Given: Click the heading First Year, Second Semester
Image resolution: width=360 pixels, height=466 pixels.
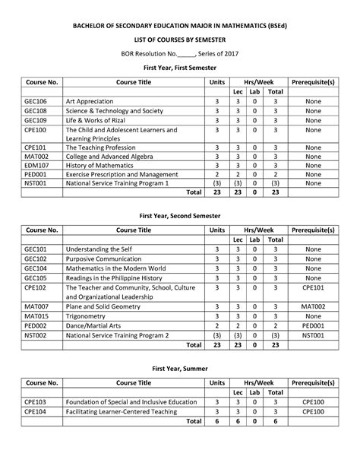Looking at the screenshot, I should point(180,215).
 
